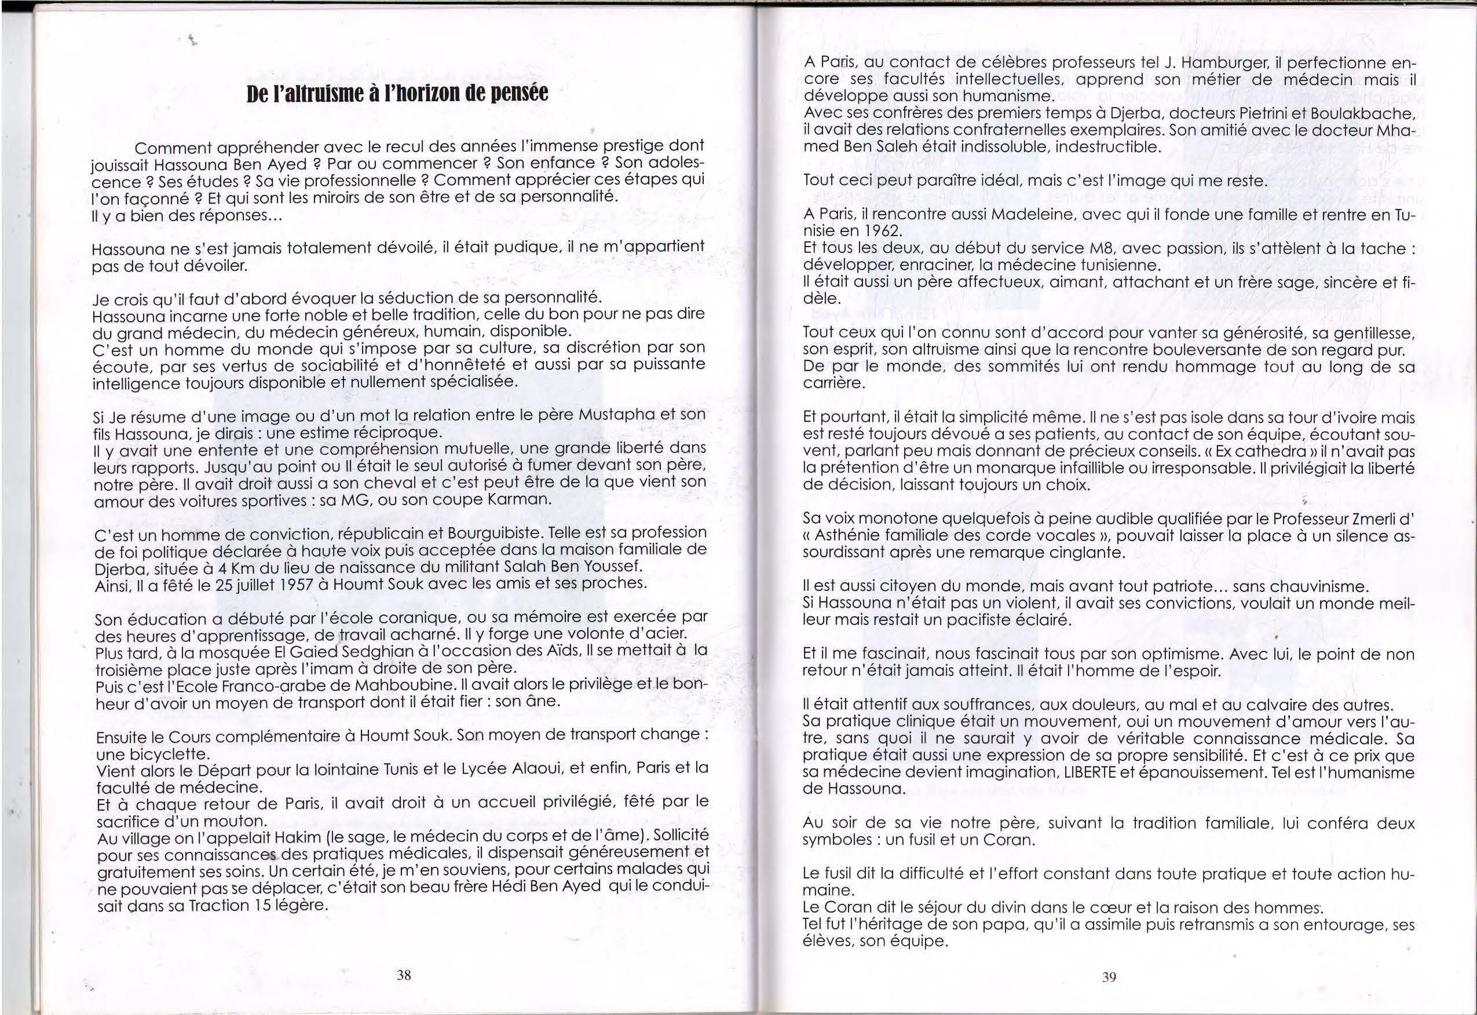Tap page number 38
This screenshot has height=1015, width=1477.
pyautogui.click(x=404, y=974)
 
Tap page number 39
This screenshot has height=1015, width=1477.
pyautogui.click(x=1109, y=977)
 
